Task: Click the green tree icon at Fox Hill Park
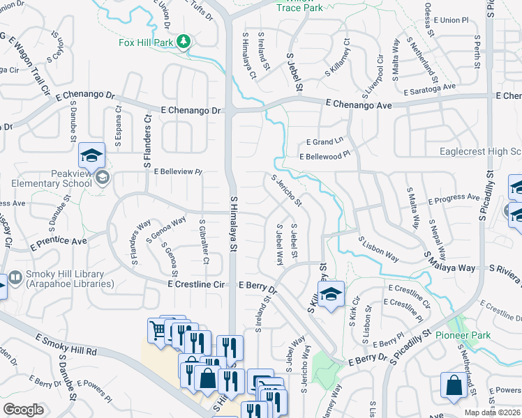point(184,41)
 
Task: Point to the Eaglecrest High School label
point(480,152)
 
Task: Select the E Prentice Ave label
point(59,242)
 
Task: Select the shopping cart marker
point(158,330)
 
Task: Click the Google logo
point(24,409)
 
